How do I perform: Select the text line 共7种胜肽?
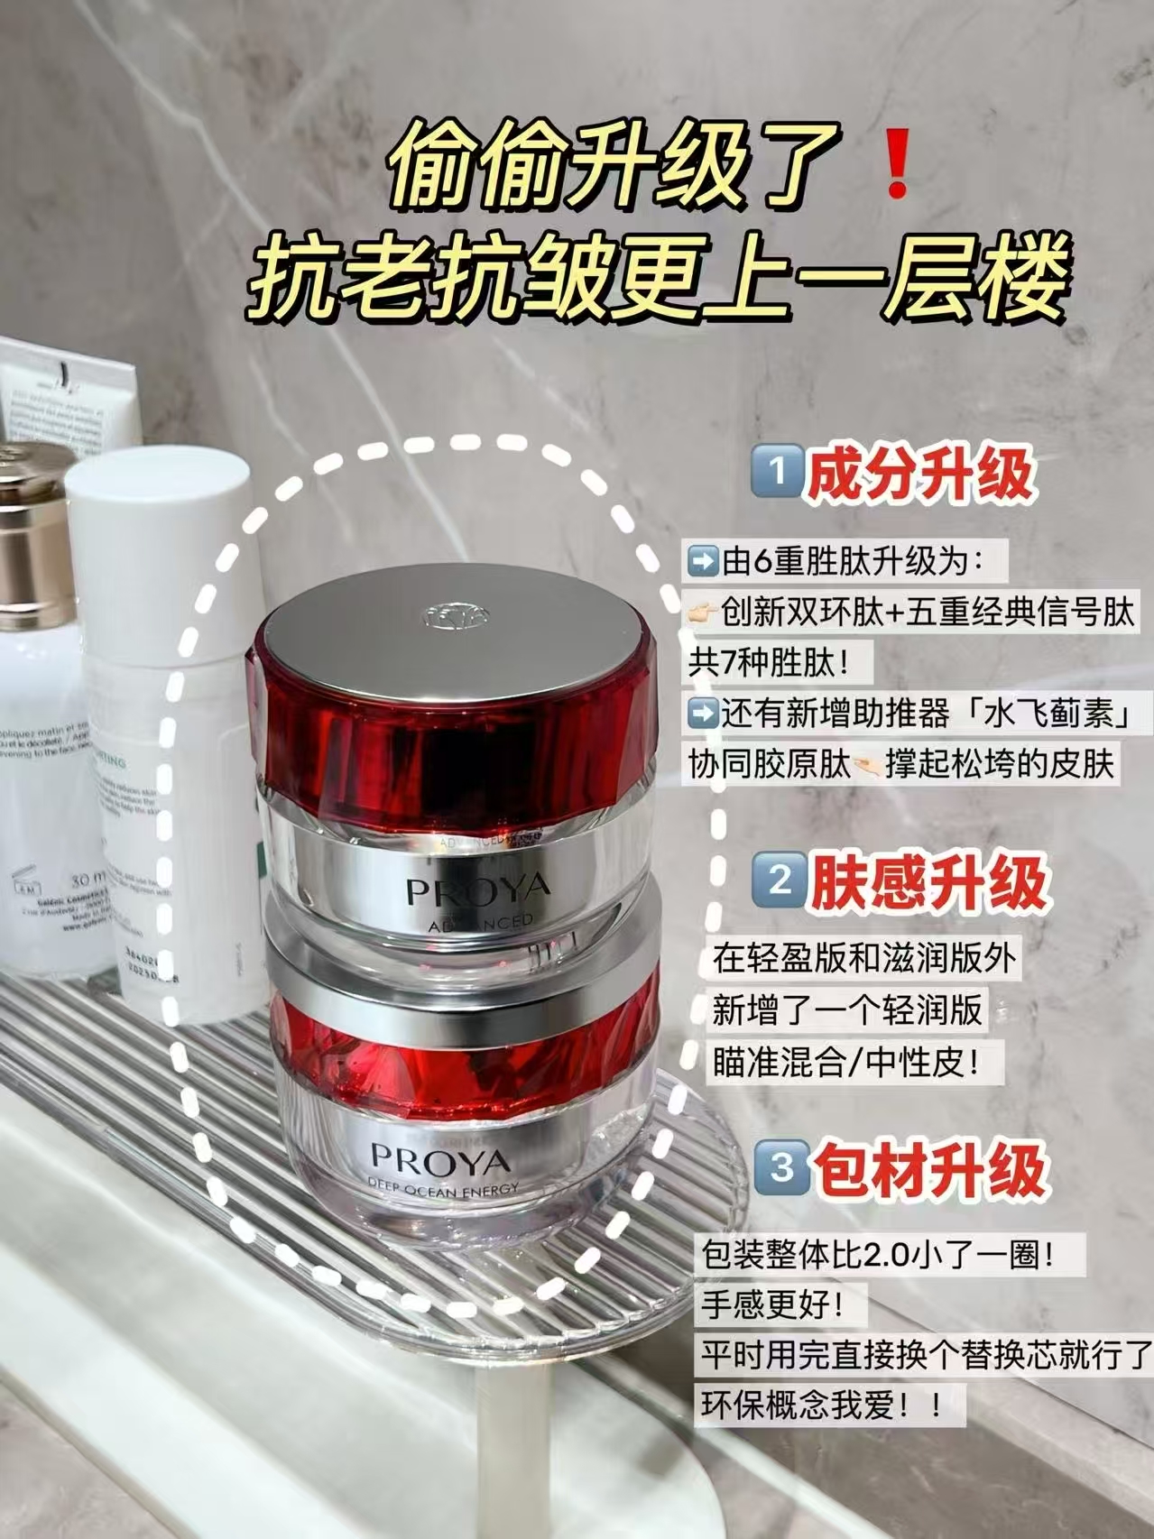pos(770,665)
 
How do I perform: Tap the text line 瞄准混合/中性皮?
pos(847,1062)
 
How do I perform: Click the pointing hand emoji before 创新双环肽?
pos(704,614)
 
